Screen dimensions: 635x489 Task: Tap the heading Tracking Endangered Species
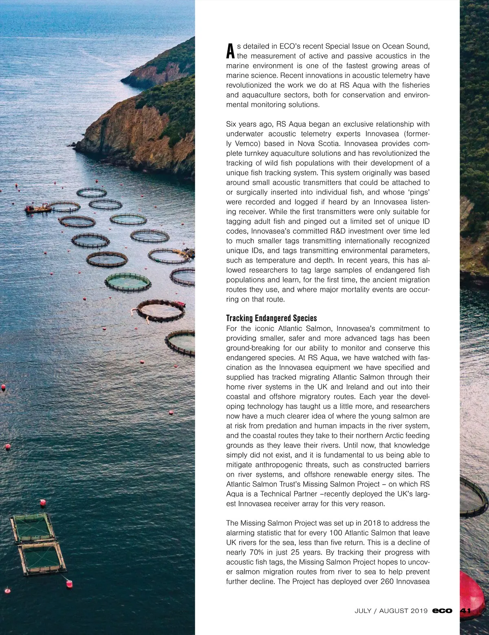tap(271, 318)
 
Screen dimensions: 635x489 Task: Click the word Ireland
tap(343, 386)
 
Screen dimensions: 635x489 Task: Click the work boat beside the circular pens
tap(38, 209)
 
